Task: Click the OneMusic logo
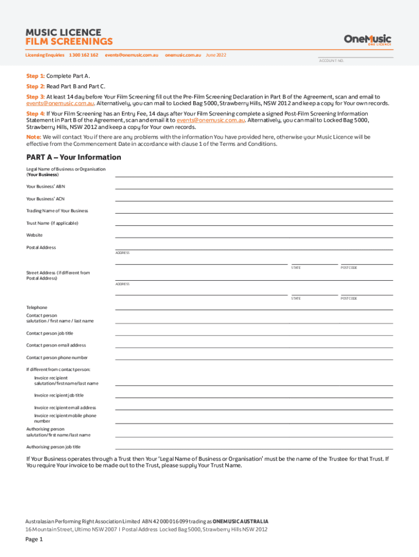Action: [x=367, y=39]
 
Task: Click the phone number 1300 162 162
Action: [x=84, y=55]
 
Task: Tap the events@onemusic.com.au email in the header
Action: [x=132, y=55]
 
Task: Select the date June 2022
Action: [x=216, y=55]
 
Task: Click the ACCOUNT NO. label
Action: [x=331, y=61]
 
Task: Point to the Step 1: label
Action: [x=35, y=76]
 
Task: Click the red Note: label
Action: [x=34, y=137]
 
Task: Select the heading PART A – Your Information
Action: [x=73, y=157]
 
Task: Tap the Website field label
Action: [x=34, y=235]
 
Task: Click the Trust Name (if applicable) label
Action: [x=52, y=223]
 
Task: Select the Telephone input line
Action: [x=254, y=309]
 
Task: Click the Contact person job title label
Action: [x=50, y=333]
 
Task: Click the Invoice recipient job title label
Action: [x=59, y=395]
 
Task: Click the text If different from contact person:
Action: [x=58, y=369]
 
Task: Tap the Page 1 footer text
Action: [x=34, y=540]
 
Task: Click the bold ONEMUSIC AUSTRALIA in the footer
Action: [x=240, y=521]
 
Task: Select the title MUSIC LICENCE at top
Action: [x=63, y=32]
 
